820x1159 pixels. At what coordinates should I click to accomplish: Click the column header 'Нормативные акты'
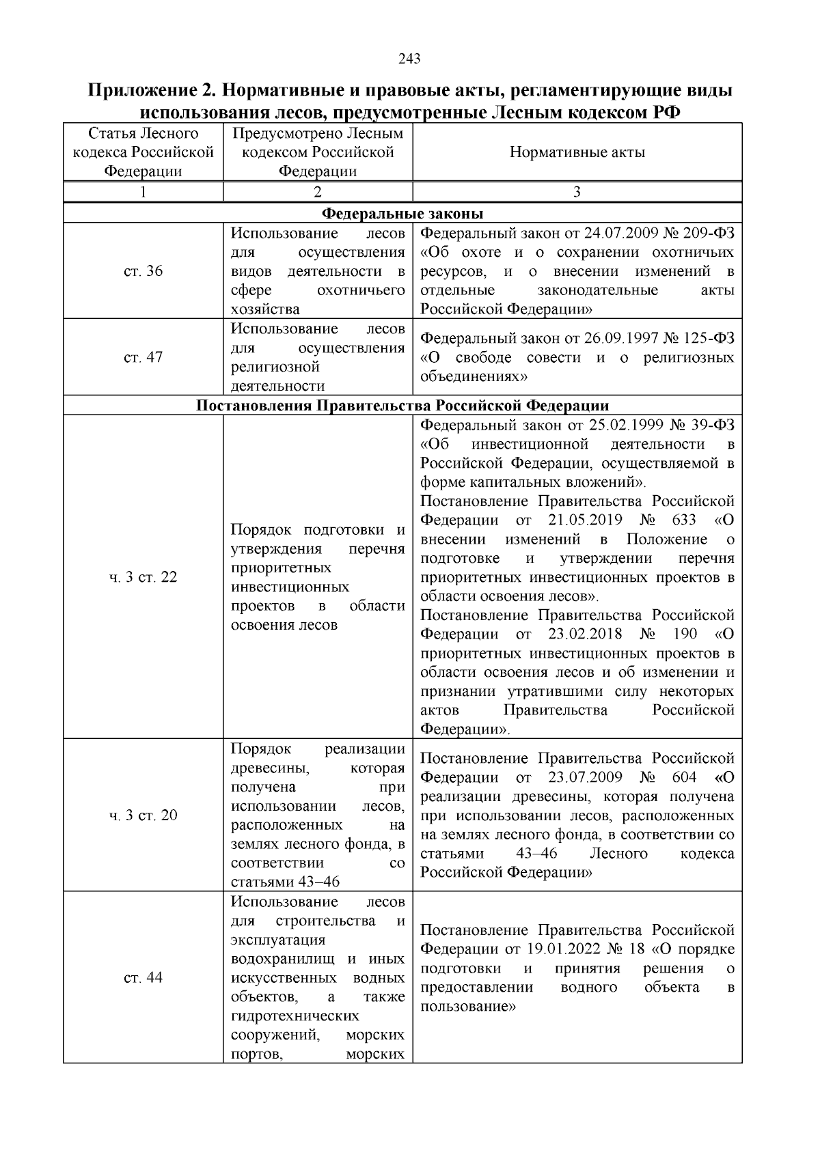tap(577, 152)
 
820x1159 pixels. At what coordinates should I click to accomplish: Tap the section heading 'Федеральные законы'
tap(402, 213)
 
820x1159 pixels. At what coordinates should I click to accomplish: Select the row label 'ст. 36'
tap(143, 271)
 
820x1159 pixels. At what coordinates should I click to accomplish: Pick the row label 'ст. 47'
tap(143, 357)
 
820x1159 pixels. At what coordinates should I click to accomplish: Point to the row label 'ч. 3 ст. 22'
tap(143, 577)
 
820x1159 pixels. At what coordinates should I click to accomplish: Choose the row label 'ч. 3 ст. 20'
tap(143, 815)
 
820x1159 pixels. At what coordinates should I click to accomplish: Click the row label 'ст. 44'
tap(143, 977)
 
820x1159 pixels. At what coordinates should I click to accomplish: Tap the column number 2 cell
tap(318, 192)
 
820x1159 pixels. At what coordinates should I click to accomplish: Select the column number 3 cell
tap(577, 192)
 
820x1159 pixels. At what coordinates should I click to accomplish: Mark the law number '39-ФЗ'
tap(713, 425)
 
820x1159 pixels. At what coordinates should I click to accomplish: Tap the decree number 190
tap(685, 634)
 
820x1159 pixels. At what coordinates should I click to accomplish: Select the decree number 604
tap(685, 777)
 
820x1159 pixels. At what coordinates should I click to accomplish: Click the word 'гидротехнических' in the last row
tap(295, 1016)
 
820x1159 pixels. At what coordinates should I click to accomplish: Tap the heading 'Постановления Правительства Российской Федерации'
tap(402, 406)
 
